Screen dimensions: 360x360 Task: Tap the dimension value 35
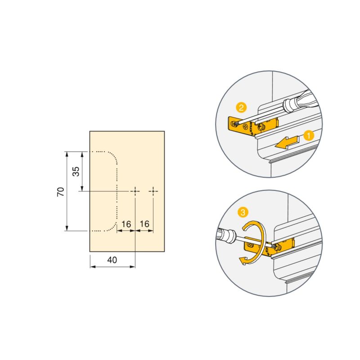(x=76, y=171)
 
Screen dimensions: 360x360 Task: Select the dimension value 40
(x=112, y=260)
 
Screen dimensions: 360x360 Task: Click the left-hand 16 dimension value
(x=126, y=224)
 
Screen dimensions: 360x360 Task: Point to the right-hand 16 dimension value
(x=144, y=224)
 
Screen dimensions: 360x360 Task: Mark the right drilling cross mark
(x=153, y=192)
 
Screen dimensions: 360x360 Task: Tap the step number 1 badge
(x=309, y=135)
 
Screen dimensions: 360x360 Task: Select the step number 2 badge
(x=242, y=108)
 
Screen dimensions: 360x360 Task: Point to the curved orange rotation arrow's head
(x=244, y=260)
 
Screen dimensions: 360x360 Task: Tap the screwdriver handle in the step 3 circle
(x=225, y=235)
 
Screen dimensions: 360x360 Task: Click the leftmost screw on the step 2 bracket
(x=233, y=122)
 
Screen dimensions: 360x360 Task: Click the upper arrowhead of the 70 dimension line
(x=67, y=154)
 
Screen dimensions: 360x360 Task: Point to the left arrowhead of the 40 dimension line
(x=93, y=266)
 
